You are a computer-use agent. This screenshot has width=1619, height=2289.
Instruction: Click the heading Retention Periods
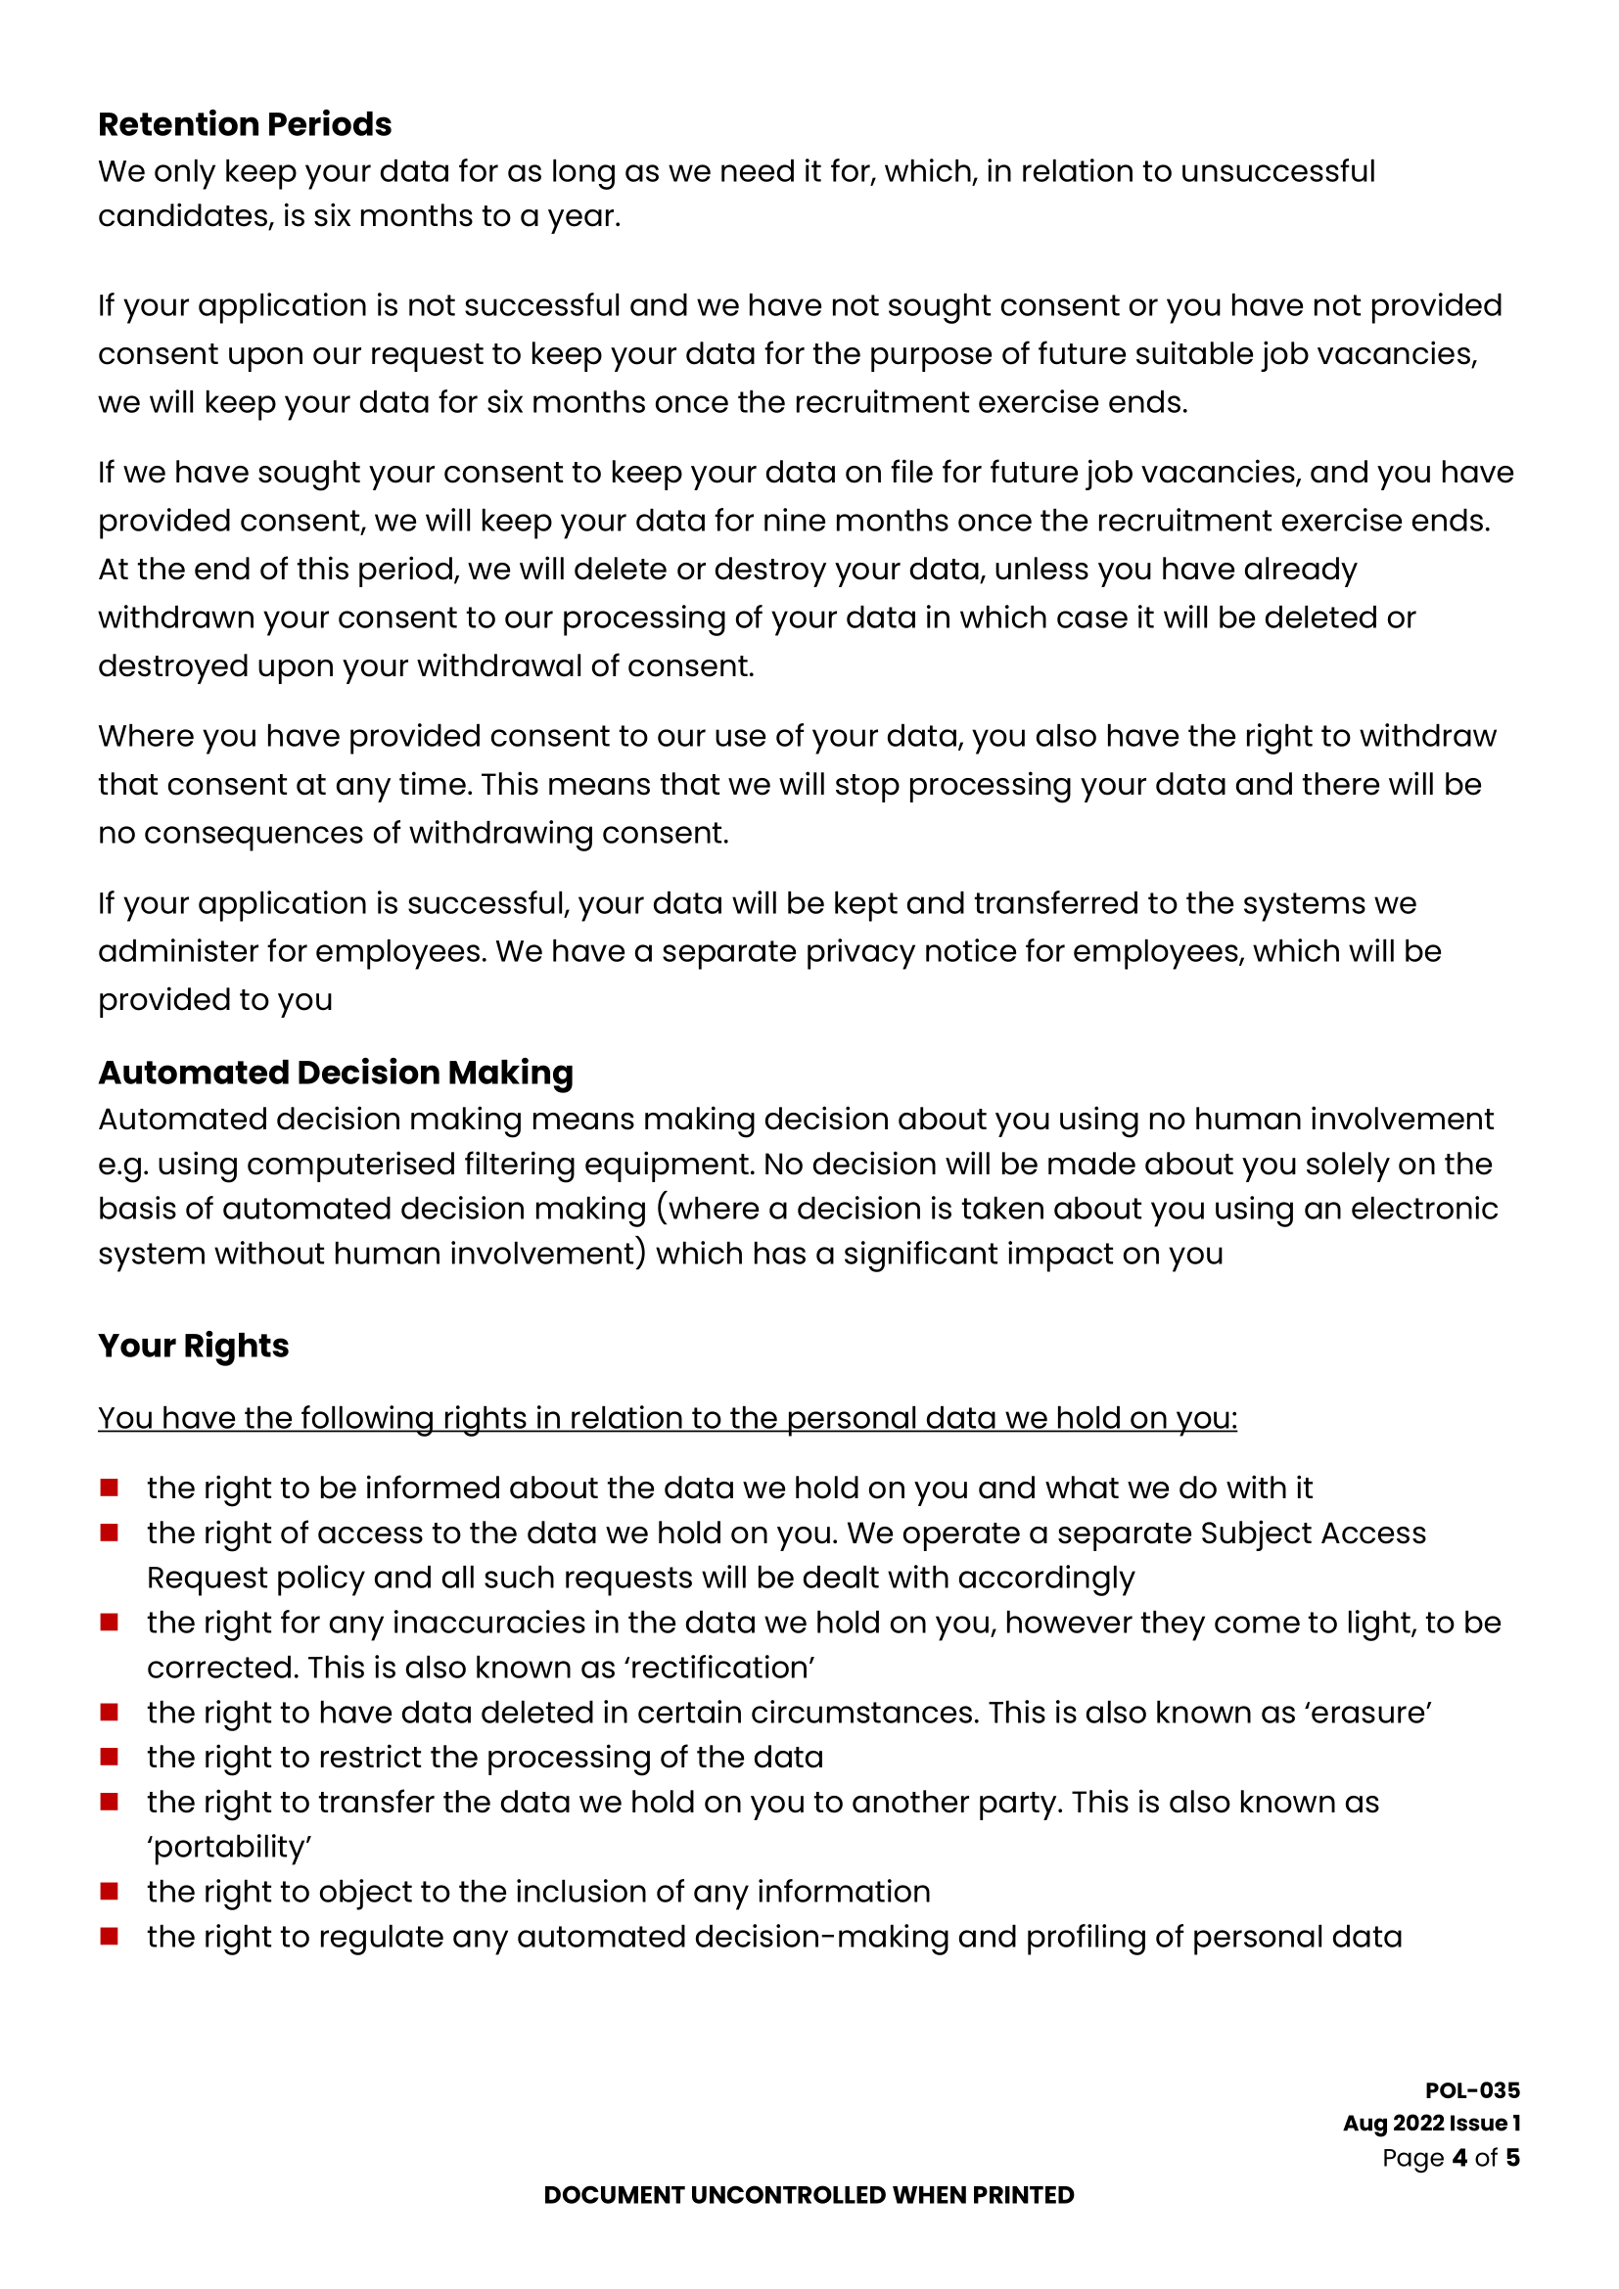point(245,123)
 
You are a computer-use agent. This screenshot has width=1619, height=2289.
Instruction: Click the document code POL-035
point(1471,2090)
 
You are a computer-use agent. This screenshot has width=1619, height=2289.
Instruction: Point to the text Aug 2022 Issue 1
point(1431,2124)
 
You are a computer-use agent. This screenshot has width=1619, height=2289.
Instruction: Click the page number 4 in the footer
point(1459,2158)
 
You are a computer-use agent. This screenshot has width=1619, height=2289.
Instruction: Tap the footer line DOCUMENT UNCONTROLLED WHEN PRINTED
point(809,2195)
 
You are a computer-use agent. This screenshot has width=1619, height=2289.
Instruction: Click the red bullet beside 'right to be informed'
point(110,1488)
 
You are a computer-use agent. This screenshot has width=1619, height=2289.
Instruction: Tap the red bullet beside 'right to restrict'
point(110,1757)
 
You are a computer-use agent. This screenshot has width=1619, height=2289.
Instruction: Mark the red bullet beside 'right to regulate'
point(110,1936)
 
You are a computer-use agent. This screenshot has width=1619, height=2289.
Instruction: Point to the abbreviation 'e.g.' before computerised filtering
point(121,1165)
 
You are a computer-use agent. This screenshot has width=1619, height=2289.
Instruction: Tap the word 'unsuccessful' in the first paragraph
point(1278,171)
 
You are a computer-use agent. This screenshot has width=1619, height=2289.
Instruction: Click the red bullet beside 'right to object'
point(110,1892)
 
